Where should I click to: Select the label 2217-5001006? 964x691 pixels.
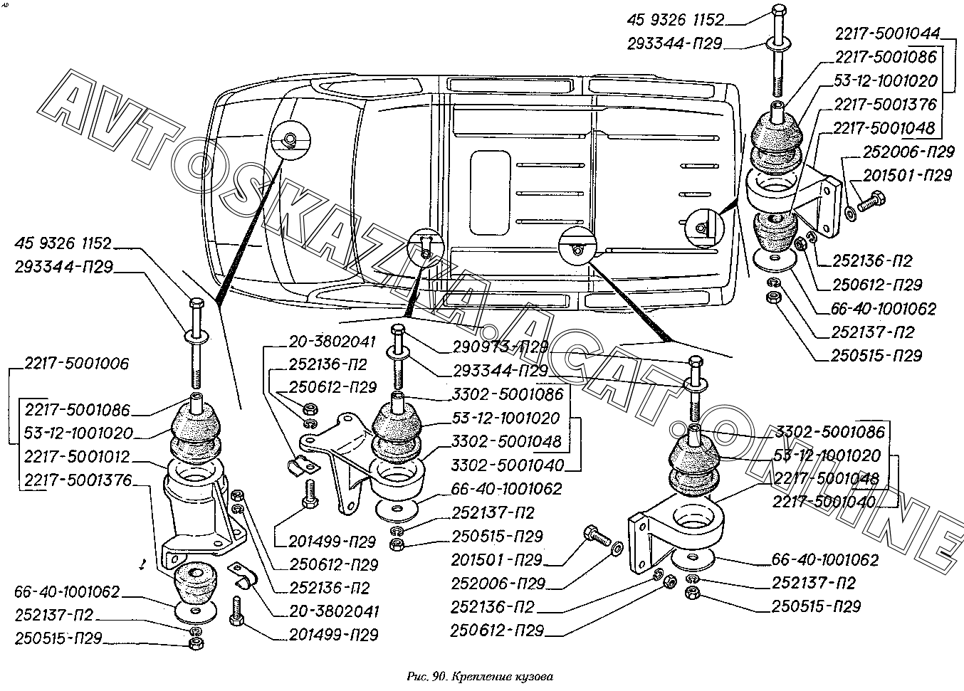click(x=77, y=364)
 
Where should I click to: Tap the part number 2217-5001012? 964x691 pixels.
click(x=77, y=456)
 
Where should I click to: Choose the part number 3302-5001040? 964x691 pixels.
click(x=506, y=465)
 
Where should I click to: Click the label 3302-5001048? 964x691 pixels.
click(x=506, y=442)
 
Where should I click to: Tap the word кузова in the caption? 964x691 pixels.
click(x=534, y=675)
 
